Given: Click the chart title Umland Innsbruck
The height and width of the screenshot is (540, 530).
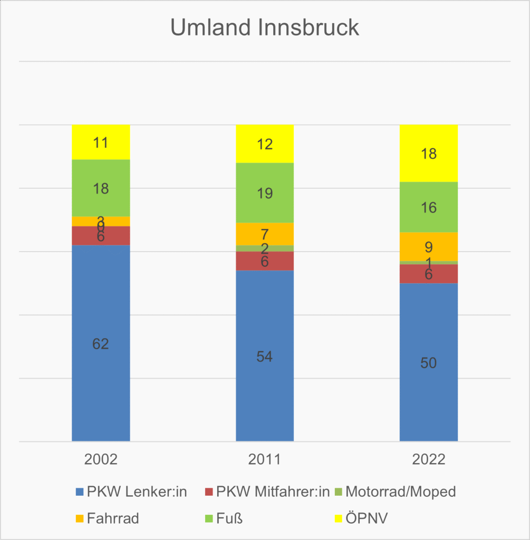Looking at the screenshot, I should pos(265,27).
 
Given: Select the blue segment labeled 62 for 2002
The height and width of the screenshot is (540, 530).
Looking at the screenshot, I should pos(101,343).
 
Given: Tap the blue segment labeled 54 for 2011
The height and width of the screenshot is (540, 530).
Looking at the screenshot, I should pos(265,356).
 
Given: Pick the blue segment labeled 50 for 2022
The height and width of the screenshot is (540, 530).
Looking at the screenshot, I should pos(428,362).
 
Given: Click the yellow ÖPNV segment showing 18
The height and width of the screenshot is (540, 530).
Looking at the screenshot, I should pos(428,153).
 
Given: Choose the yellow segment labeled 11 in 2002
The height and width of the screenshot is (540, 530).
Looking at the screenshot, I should pos(101,142).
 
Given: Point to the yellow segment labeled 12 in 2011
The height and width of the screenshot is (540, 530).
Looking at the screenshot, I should pos(265,144).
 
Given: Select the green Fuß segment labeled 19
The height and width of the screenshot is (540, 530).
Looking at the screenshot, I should pos(265,193).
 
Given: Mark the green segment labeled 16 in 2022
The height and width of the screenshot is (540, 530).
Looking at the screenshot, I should pos(428,207).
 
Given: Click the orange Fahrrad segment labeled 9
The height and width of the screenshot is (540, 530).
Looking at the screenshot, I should pos(428,247).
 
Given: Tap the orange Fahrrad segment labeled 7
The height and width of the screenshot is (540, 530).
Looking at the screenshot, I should pos(265,234).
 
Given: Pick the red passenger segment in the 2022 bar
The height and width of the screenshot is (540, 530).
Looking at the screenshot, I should pos(428,274).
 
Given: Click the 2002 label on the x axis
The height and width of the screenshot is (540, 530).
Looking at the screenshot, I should pos(101,459).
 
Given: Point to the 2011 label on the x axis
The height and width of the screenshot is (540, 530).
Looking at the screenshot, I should pos(265,459).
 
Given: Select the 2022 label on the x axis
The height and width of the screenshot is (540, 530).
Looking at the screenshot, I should pos(428,459).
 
